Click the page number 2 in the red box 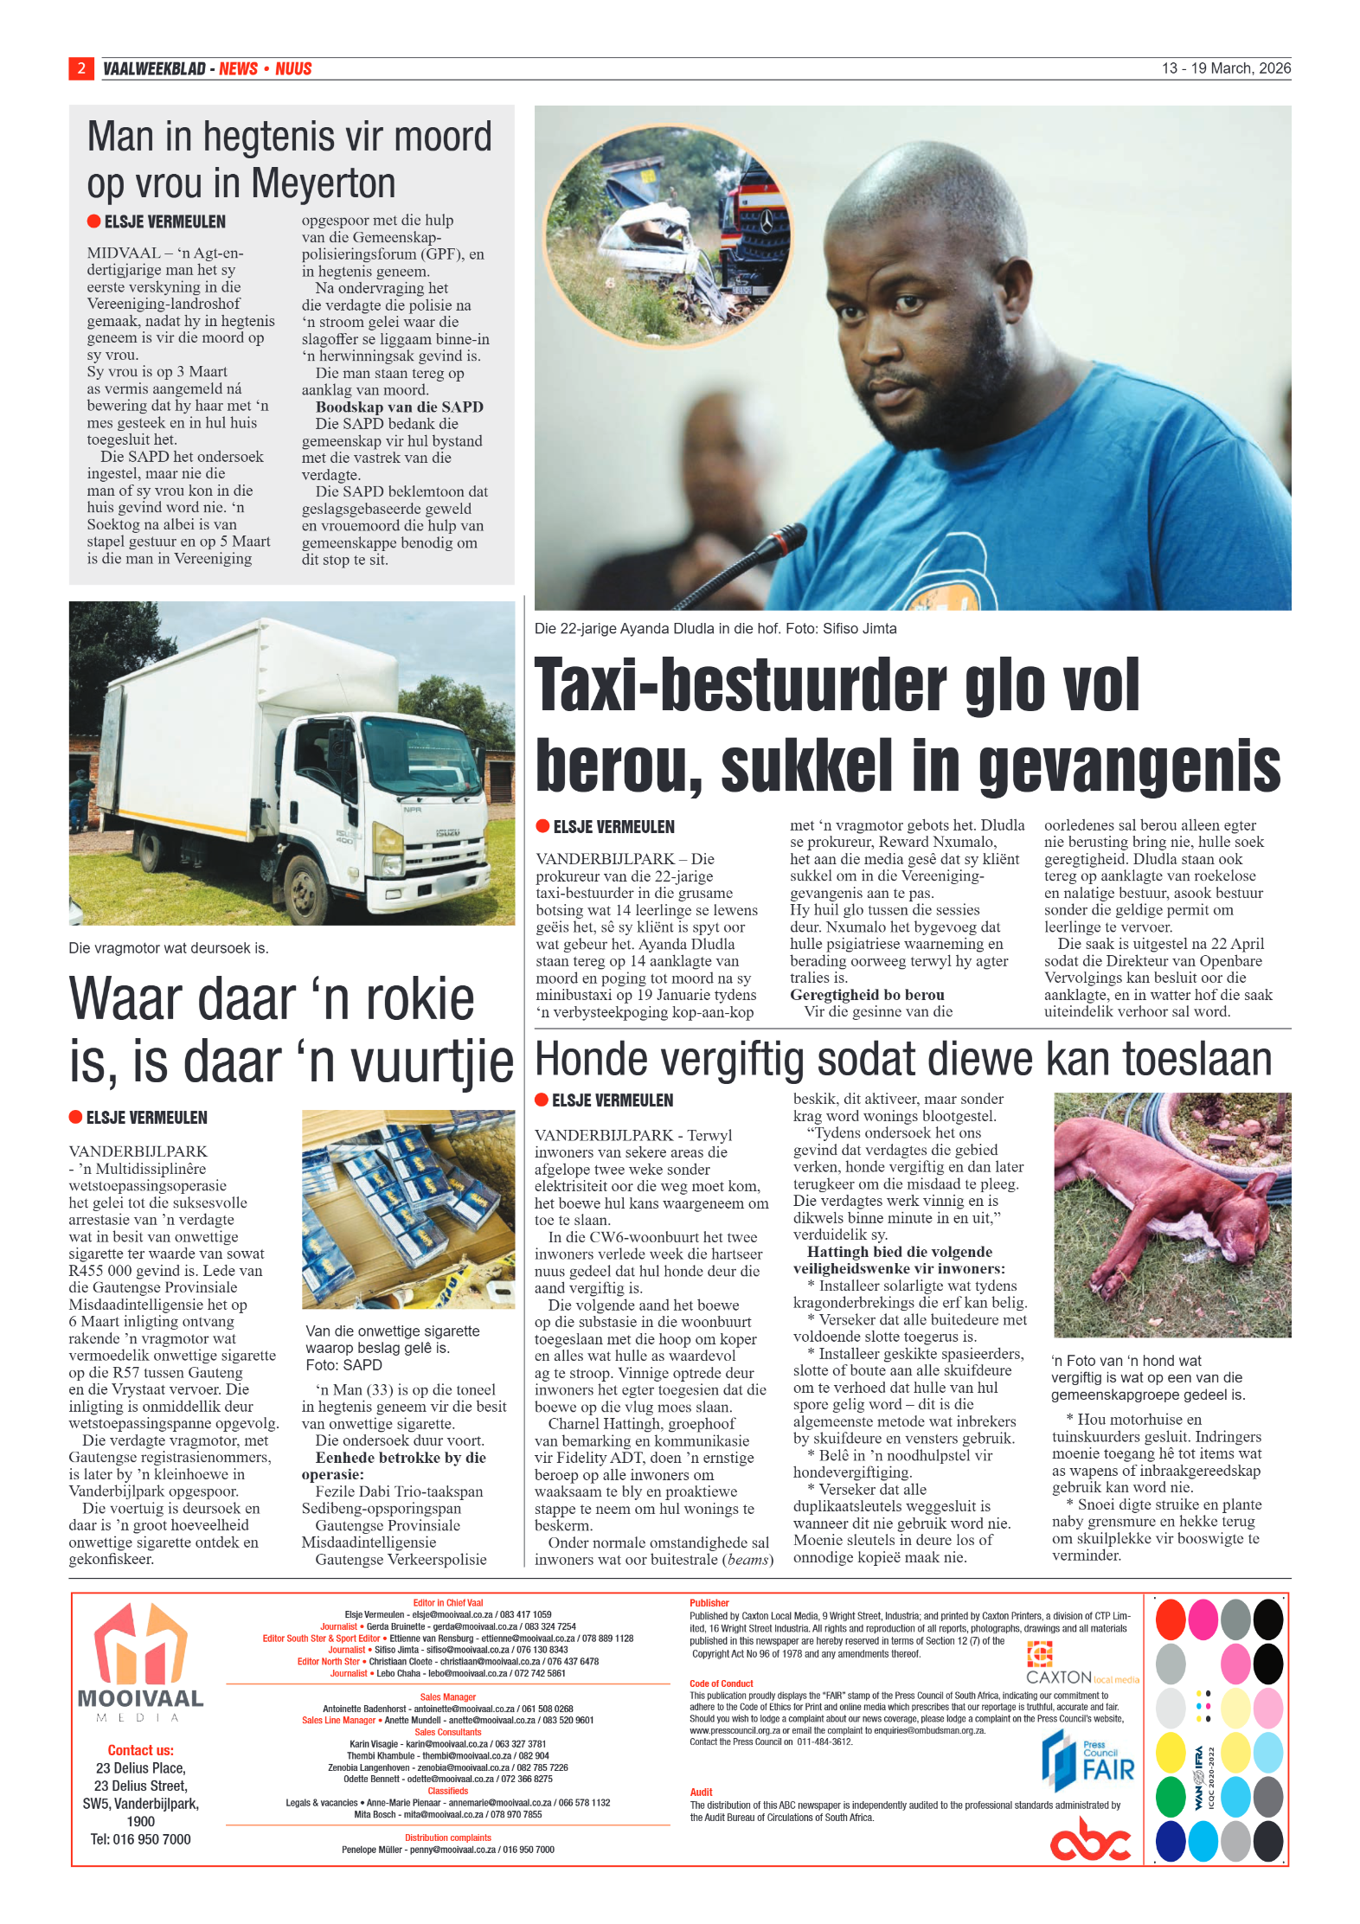tap(80, 68)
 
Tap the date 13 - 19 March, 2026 tap(1225, 68)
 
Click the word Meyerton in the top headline tap(323, 184)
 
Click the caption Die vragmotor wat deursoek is tap(169, 948)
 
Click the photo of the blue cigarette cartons tap(407, 1209)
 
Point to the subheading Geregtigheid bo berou tap(866, 995)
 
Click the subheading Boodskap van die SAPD tap(399, 407)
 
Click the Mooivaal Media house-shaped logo tap(140, 1644)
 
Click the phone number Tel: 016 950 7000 tap(140, 1839)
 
